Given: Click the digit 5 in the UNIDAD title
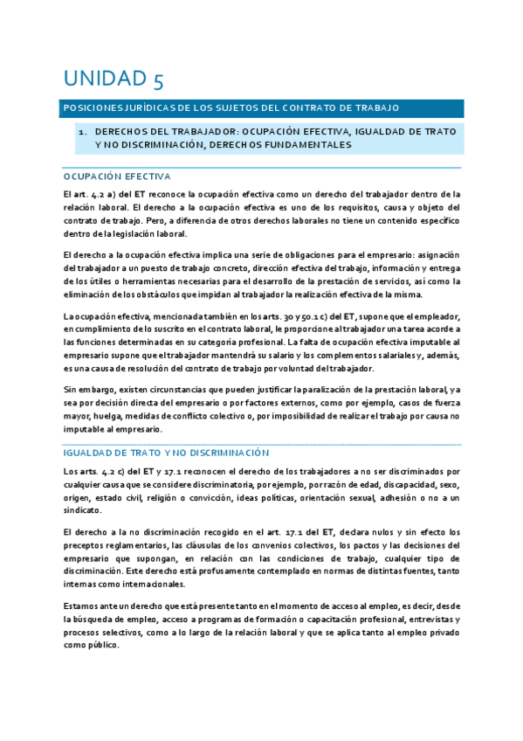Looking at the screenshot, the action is click(x=156, y=81).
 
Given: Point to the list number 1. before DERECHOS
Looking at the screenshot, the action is click(x=82, y=131).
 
